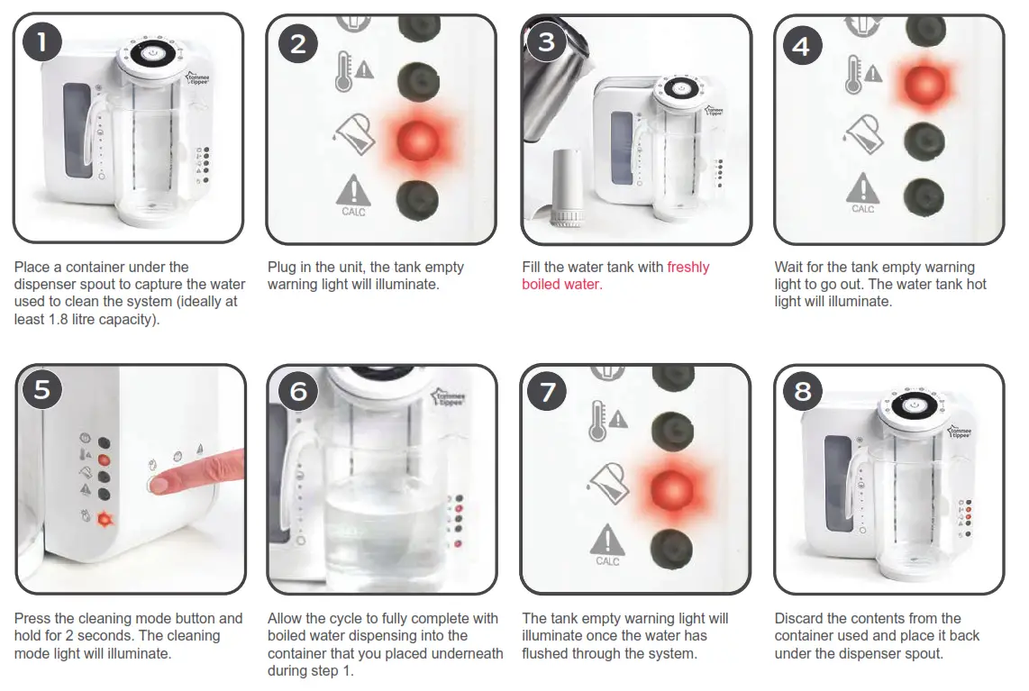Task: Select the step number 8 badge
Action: pyautogui.click(x=803, y=391)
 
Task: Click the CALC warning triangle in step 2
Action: pyautogui.click(x=353, y=192)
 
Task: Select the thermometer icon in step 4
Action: pyautogui.click(x=853, y=74)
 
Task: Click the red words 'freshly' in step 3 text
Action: pyautogui.click(x=688, y=267)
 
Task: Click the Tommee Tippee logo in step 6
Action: pyautogui.click(x=450, y=397)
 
